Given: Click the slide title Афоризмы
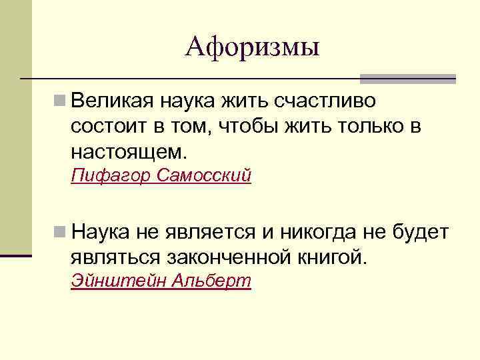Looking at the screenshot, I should [x=253, y=46].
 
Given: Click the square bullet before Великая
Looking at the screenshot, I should [x=60, y=101].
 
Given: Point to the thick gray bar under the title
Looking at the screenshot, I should [x=407, y=78].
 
